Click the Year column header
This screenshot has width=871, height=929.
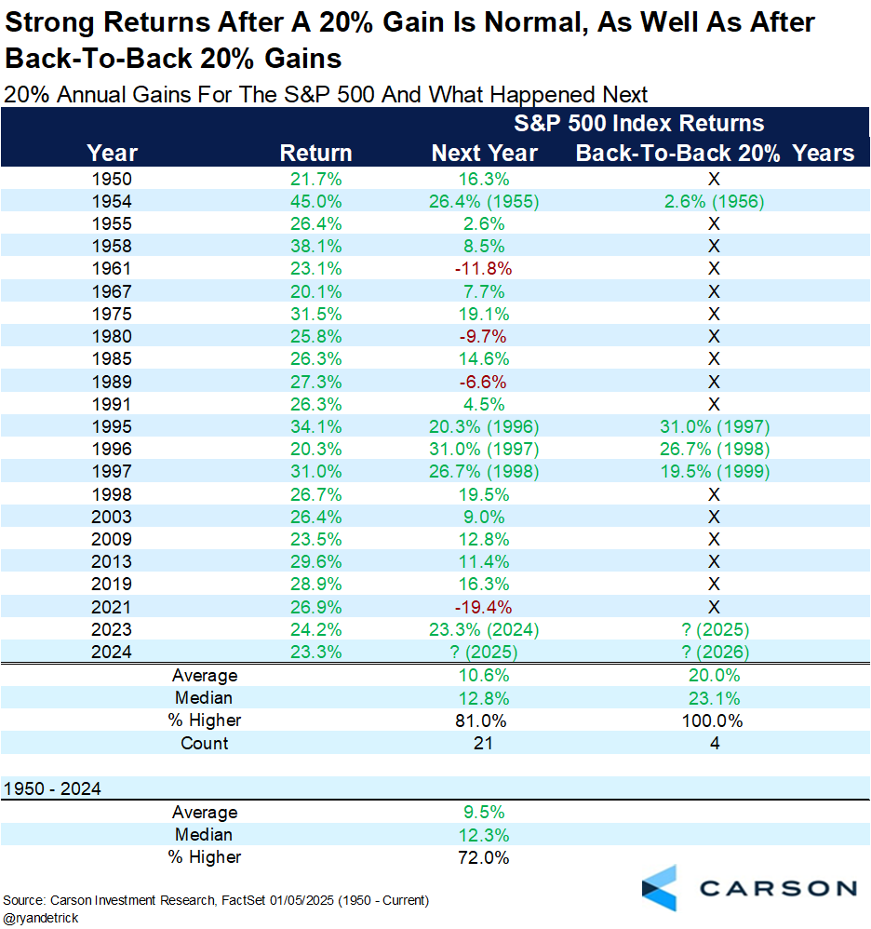pos(112,154)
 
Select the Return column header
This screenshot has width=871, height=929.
pos(315,154)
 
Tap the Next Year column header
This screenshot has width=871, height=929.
pos(484,154)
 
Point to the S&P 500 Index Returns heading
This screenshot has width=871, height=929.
pos(639,124)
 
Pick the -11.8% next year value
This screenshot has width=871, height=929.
pos(484,268)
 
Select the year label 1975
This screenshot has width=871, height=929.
pos(112,313)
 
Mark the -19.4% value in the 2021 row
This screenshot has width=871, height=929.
pos(484,607)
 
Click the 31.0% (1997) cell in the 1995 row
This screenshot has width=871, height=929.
pos(715,427)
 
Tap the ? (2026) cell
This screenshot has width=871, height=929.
pos(715,652)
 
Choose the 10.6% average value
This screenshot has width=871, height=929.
pos(484,676)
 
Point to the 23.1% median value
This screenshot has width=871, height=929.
pos(715,698)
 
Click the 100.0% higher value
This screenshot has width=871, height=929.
pos(715,720)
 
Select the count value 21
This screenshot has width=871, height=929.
pos(484,743)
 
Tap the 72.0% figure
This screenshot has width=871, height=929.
pos(484,857)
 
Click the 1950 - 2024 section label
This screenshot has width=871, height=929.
pos(52,788)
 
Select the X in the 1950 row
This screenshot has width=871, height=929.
pos(715,179)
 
